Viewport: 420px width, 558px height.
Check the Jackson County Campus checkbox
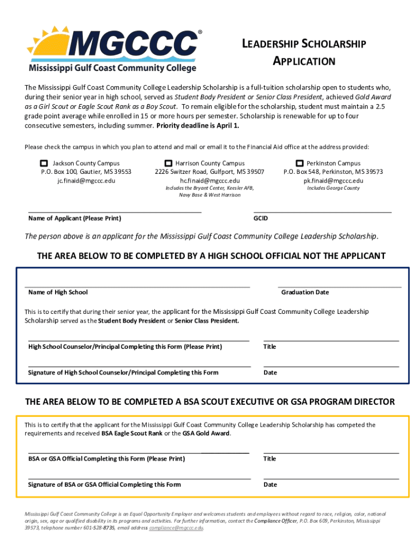[44, 163]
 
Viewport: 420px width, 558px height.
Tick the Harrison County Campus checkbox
[169, 163]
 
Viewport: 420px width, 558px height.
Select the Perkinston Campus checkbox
[299, 163]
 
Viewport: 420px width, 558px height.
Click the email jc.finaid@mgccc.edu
[86, 180]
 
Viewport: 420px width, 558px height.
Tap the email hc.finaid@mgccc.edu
[209, 180]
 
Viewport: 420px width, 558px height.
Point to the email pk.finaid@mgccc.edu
[333, 180]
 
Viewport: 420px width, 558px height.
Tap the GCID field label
[261, 219]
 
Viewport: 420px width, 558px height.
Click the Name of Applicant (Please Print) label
[75, 219]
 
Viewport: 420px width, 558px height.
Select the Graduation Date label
[305, 292]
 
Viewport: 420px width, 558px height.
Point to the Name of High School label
[58, 292]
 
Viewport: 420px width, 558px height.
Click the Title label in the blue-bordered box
[269, 347]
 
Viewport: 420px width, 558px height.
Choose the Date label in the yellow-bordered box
[270, 484]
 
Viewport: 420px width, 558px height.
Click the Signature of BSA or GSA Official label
[104, 484]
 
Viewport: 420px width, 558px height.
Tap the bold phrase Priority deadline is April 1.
[198, 125]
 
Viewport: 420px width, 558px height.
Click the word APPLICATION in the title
[304, 62]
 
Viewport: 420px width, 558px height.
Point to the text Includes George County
[333, 188]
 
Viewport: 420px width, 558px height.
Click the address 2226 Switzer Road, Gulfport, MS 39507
[209, 172]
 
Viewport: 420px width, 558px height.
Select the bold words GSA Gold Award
[206, 434]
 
